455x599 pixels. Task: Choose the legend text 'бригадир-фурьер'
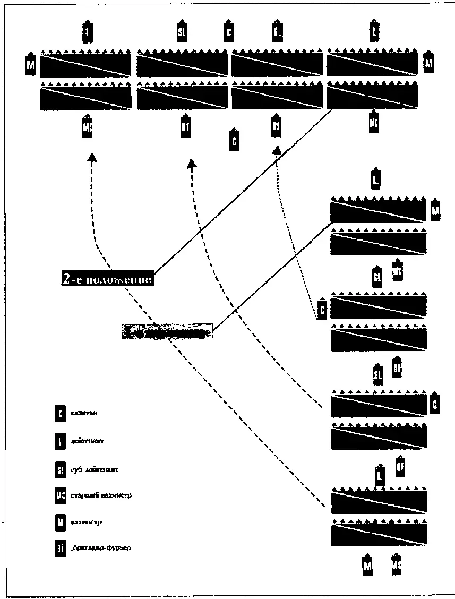tap(100, 547)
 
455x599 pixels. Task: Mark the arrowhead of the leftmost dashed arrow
tap(92, 157)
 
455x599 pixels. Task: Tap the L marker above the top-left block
tap(88, 32)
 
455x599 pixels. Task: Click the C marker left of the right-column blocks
tap(322, 309)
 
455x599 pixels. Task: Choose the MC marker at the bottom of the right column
tap(396, 566)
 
